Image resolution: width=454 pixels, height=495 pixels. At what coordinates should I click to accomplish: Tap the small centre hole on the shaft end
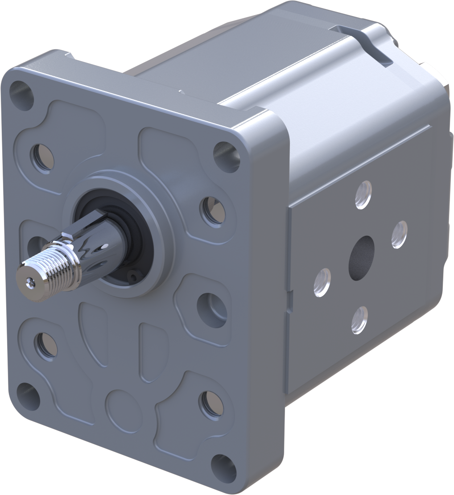pos(30,281)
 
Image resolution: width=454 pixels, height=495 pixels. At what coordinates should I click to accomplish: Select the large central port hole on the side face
pos(361,258)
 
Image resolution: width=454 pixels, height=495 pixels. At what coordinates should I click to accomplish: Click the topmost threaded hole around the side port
pos(363,195)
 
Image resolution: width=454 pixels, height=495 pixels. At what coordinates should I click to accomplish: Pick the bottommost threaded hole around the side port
pos(359,320)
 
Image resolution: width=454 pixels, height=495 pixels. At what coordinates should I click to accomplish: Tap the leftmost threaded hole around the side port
pos(322,282)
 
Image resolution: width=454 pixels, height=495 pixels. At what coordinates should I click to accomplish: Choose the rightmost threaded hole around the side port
pos(399,235)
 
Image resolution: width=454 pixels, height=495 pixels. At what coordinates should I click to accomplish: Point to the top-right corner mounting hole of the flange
pos(227,156)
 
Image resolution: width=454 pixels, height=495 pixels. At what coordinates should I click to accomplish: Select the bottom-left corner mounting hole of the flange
pos(28,394)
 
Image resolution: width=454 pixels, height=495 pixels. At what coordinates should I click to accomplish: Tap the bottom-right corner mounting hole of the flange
pos(223,468)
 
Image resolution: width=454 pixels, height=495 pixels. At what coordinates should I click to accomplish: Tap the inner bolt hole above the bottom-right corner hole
pos(211,404)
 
